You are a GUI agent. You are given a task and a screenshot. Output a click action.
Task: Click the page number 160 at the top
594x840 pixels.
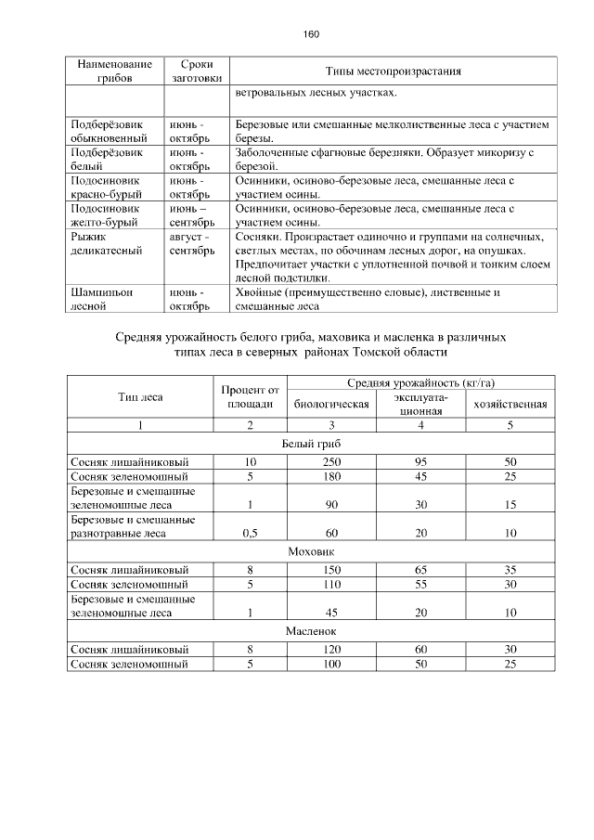[x=311, y=34]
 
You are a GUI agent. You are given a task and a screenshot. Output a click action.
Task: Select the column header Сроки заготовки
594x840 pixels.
[x=193, y=71]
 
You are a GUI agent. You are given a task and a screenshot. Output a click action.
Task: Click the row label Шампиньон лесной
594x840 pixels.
[x=102, y=299]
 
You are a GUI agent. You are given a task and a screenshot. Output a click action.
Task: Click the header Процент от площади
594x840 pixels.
[x=250, y=397]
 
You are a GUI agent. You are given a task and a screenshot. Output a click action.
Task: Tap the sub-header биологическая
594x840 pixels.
[x=331, y=405]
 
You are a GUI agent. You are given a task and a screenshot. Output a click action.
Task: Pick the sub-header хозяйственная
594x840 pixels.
[x=510, y=405]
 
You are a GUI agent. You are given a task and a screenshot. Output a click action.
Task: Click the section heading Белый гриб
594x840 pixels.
[x=311, y=444]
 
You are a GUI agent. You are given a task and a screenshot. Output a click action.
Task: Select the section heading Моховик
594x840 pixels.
[x=311, y=550]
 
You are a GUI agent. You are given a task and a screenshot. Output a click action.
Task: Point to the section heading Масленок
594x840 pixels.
[x=311, y=631]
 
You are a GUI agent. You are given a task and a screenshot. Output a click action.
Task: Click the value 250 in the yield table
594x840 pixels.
[x=331, y=461]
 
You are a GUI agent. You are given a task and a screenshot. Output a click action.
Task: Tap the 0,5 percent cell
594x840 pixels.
[x=250, y=533]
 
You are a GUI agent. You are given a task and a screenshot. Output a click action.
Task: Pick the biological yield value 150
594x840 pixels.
[x=331, y=568]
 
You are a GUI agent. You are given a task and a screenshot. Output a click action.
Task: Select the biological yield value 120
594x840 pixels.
[x=331, y=649]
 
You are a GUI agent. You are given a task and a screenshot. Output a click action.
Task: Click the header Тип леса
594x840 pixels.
[x=140, y=397]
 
